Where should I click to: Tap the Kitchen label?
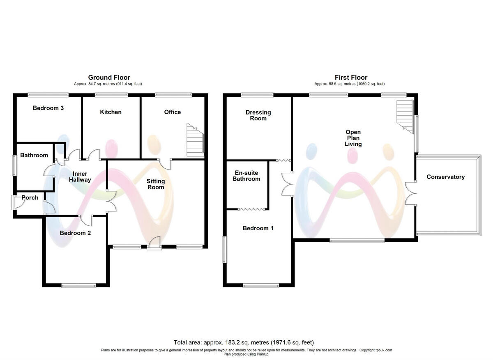click(111, 112)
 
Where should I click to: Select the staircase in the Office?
click(195, 140)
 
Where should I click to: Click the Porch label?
click(30, 197)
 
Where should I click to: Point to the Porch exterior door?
click(14, 202)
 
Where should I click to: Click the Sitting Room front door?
click(154, 244)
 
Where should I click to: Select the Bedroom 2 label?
click(75, 233)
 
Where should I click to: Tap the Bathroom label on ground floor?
click(34, 155)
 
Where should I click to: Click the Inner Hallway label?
click(79, 177)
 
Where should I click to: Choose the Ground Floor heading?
click(109, 77)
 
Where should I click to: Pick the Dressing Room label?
click(258, 115)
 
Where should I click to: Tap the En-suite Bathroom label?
click(246, 176)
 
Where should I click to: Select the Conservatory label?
click(445, 177)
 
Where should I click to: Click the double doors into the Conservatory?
click(411, 193)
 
